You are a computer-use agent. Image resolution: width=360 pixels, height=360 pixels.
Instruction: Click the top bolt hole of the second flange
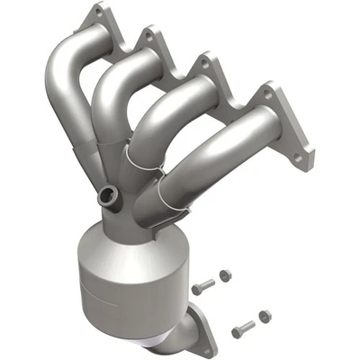(146, 36)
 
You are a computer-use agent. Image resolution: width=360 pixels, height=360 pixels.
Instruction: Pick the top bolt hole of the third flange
(206, 63)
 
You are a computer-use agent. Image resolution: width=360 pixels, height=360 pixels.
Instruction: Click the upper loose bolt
(203, 285)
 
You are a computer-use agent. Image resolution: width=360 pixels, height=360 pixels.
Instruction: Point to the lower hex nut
(263, 316)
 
